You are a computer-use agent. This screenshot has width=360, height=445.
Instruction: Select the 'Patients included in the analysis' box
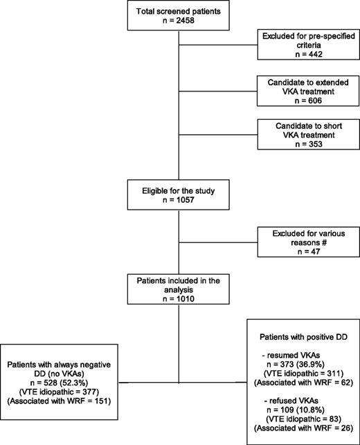(x=179, y=290)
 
